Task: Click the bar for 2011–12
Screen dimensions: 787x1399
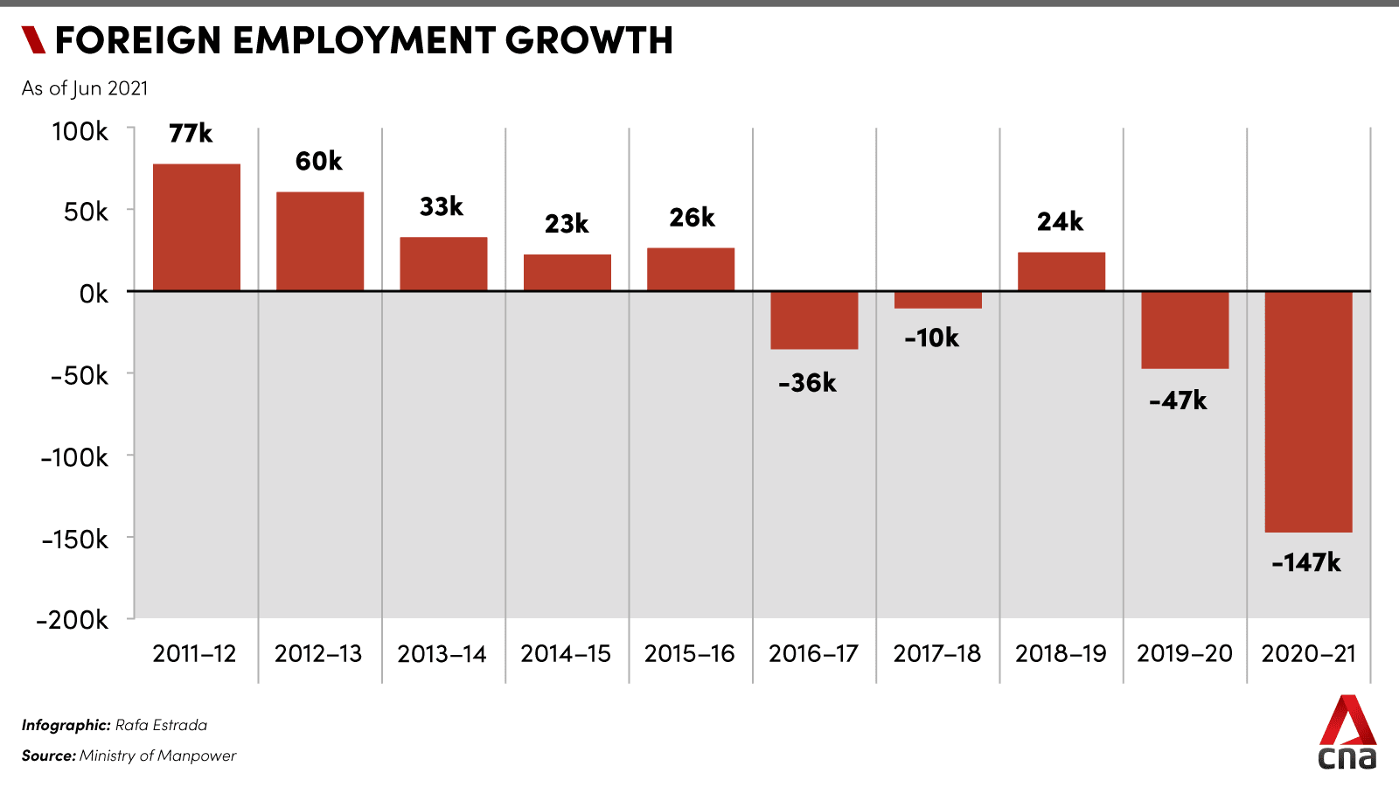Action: pyautogui.click(x=197, y=227)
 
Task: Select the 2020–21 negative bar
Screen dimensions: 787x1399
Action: pyautogui.click(x=1308, y=411)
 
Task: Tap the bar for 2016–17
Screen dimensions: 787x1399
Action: pyautogui.click(x=814, y=320)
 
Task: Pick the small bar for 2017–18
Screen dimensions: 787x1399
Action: pyautogui.click(x=937, y=300)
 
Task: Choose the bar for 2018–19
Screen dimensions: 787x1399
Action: pyautogui.click(x=1061, y=271)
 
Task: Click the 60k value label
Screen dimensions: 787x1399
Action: pyautogui.click(x=318, y=161)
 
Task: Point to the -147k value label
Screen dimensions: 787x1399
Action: pyautogui.click(x=1306, y=562)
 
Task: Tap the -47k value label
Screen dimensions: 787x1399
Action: pyautogui.click(x=1178, y=400)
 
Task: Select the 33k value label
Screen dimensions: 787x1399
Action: pyautogui.click(x=442, y=206)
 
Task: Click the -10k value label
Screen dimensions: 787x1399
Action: pyautogui.click(x=931, y=338)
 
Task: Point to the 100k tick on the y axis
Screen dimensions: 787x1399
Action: pyautogui.click(x=80, y=131)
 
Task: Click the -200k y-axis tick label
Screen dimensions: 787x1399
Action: pyautogui.click(x=73, y=620)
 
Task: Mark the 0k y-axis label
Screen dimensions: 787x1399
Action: pyautogui.click(x=94, y=294)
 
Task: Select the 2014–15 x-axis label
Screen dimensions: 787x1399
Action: pyautogui.click(x=566, y=653)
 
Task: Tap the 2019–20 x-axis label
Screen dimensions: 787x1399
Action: pyautogui.click(x=1184, y=653)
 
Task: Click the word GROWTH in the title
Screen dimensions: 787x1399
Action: pyautogui.click(x=588, y=40)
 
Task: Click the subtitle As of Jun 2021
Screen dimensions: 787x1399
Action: pyautogui.click(x=85, y=88)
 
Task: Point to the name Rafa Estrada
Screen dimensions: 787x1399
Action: pyautogui.click(x=161, y=725)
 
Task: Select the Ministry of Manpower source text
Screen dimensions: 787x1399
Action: pyautogui.click(x=157, y=756)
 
